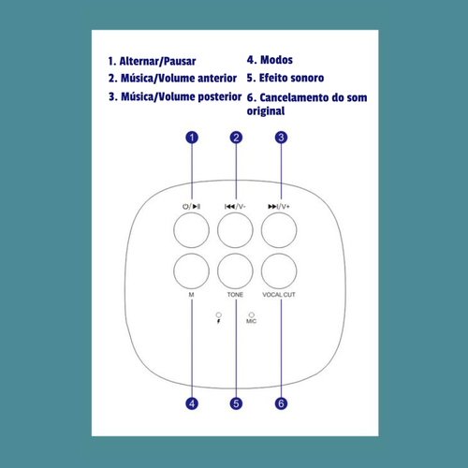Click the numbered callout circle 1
click(x=192, y=138)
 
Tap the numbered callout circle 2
click(x=236, y=138)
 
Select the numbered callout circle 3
click(x=281, y=138)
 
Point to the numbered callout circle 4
click(x=192, y=403)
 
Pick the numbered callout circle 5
click(x=236, y=403)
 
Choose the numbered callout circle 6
click(x=281, y=403)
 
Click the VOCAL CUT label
click(x=279, y=295)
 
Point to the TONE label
click(x=235, y=295)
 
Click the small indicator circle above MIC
click(x=252, y=314)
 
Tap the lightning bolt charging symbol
click(x=218, y=321)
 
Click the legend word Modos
click(x=276, y=60)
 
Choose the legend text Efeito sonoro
click(x=291, y=78)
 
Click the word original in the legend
click(x=266, y=111)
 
